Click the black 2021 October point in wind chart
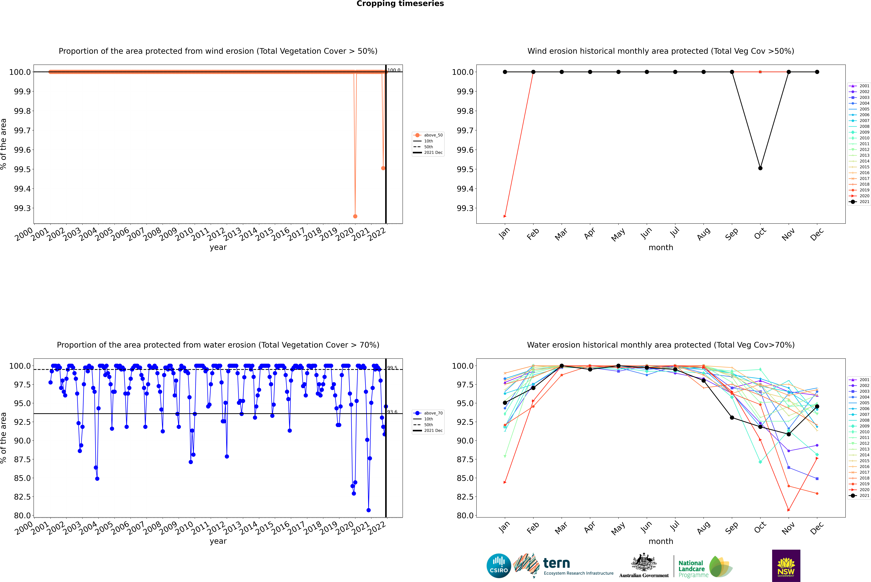[x=760, y=168]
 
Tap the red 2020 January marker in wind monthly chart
[x=505, y=216]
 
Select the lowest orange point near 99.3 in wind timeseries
[x=355, y=216]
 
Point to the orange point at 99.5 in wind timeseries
[x=383, y=168]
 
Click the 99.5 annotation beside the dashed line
[x=392, y=368]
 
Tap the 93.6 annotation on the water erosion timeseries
[x=392, y=412]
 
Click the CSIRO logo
[x=499, y=566]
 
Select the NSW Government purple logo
[x=786, y=566]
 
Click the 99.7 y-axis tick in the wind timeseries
[x=22, y=130]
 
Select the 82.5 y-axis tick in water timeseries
[x=22, y=497]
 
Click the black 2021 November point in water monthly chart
[x=789, y=434]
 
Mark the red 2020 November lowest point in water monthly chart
[x=789, y=510]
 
